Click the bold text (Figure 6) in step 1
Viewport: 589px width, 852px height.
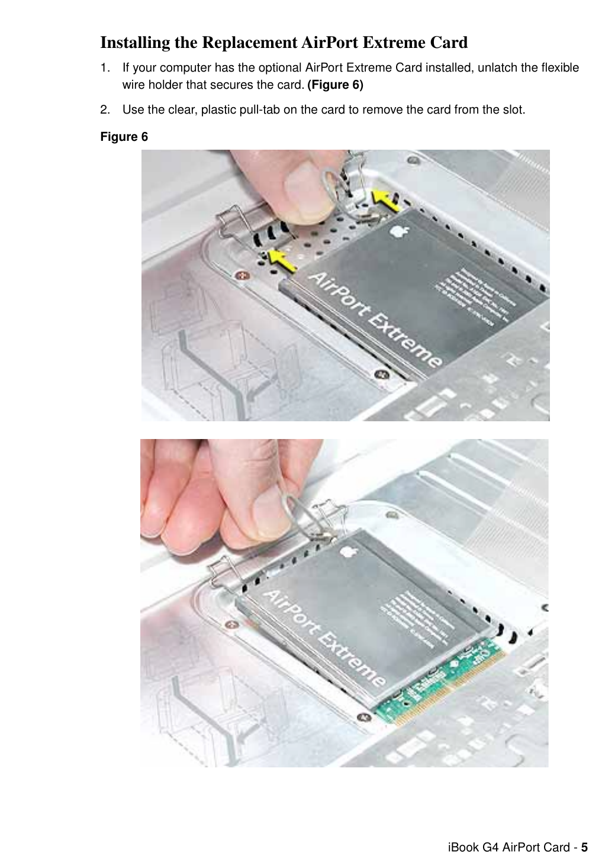pos(335,85)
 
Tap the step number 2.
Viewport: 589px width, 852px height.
pos(104,109)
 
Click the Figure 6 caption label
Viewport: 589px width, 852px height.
pos(124,137)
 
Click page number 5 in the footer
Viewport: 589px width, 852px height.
pos(584,847)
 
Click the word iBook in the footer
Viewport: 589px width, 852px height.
pos(464,847)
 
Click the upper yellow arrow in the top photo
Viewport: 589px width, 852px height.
pos(385,201)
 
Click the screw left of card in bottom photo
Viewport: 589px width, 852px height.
pos(228,624)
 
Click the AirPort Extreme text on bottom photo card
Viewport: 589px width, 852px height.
pos(323,637)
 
